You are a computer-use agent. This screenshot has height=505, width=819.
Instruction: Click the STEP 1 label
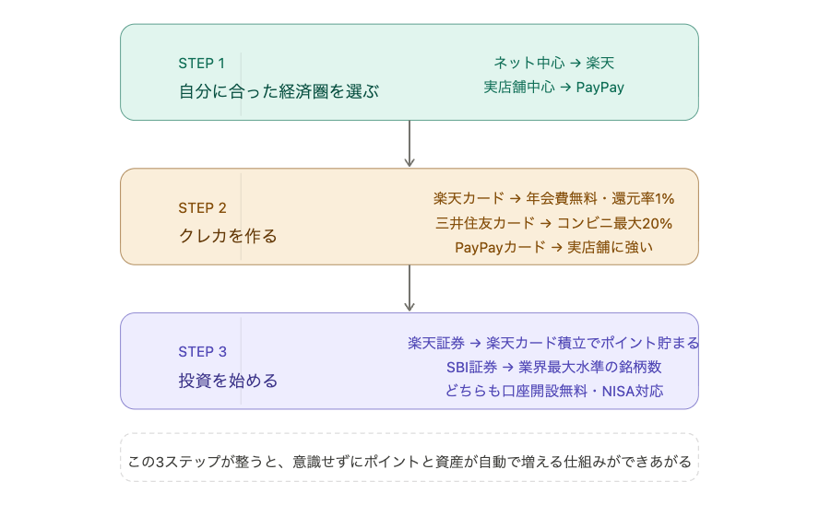point(201,64)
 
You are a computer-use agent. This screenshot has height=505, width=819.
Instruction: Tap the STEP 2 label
point(201,207)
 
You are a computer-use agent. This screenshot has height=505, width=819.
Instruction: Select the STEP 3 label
point(201,351)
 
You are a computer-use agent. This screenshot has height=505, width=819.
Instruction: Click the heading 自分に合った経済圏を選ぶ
point(279,92)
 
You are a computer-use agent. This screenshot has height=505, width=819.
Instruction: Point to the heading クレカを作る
point(228,236)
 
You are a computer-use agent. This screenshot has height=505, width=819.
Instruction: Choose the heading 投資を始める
point(228,380)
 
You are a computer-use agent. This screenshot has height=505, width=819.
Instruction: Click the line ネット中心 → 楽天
point(553,64)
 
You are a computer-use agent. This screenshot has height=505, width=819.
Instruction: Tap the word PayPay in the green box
point(600,88)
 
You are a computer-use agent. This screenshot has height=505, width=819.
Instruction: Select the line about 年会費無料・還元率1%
point(553,198)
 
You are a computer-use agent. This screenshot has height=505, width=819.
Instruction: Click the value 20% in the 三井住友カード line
point(656,223)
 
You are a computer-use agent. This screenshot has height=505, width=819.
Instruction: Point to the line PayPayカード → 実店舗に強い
point(553,247)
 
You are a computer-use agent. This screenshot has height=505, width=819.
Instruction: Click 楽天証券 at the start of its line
point(435,343)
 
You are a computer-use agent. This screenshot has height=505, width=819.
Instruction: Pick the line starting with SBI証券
point(553,367)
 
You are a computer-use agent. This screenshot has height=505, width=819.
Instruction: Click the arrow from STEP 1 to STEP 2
point(409,144)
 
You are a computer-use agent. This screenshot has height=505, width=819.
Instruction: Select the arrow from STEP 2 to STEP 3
point(409,288)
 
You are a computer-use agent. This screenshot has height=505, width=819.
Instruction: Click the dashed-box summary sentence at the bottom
point(409,462)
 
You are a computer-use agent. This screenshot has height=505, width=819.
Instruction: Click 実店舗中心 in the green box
point(519,88)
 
